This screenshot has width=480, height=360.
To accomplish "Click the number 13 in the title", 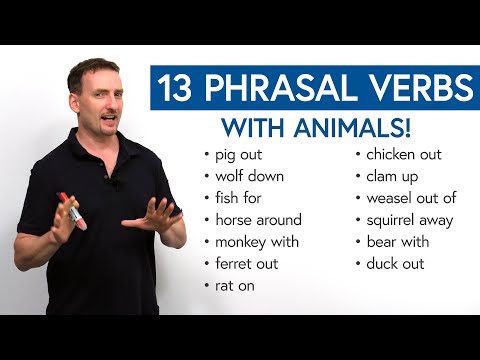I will click(177, 90).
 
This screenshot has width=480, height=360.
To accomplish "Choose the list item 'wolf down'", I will click(249, 176).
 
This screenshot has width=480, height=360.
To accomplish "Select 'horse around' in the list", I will click(257, 220).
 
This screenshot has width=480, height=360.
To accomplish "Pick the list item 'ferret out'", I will click(246, 264).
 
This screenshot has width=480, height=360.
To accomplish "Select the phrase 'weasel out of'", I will click(410, 198).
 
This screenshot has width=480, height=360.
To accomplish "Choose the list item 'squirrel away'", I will click(409, 220).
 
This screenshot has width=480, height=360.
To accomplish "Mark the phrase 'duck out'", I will click(394, 264).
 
